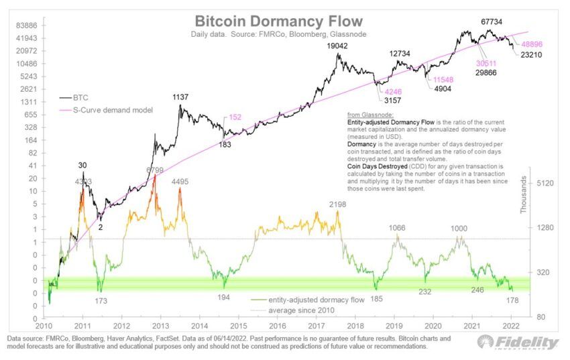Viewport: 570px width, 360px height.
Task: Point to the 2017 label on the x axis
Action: [x=316, y=324]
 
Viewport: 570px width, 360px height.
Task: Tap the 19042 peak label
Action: [x=339, y=46]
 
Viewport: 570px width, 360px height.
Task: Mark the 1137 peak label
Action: [x=180, y=97]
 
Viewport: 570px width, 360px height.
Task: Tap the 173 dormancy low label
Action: [x=101, y=302]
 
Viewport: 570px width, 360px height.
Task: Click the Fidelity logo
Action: [x=517, y=342]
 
